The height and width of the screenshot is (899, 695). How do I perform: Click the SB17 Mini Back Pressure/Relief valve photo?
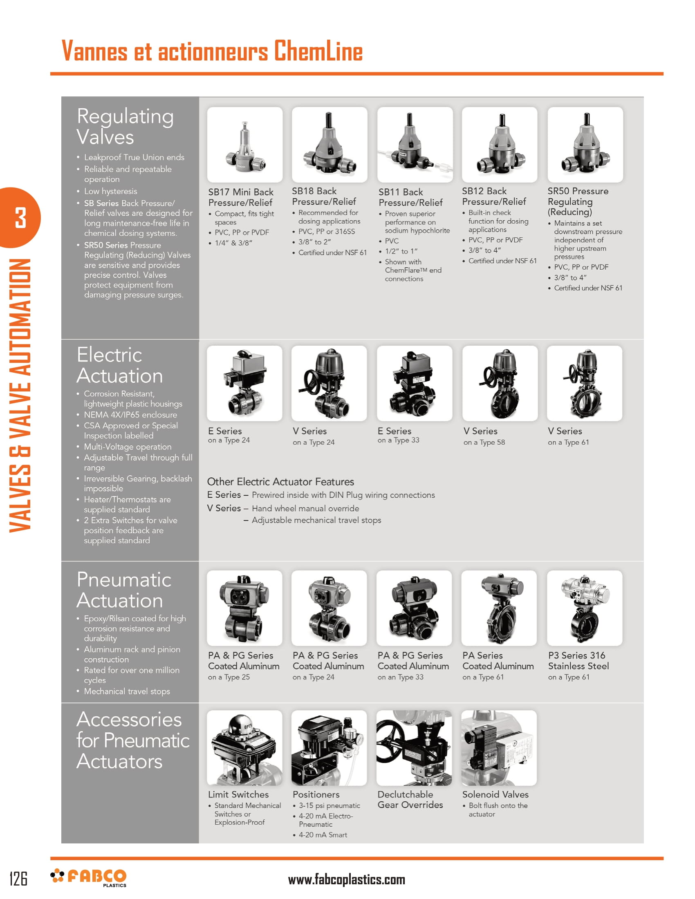point(244,145)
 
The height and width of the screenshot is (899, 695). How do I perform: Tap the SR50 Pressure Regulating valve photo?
point(585,145)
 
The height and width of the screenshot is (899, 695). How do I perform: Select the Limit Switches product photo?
point(244,747)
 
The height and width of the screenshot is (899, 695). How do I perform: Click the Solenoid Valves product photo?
point(499,747)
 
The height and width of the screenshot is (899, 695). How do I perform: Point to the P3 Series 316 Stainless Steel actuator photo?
point(584,608)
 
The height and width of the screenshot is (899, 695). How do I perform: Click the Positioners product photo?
point(329,747)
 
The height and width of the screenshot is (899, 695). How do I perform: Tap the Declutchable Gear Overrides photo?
point(414,747)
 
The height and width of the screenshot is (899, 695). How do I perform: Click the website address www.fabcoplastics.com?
point(346,880)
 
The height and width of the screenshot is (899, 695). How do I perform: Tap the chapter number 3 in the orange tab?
point(20,217)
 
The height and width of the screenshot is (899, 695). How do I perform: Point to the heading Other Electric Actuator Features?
point(280,482)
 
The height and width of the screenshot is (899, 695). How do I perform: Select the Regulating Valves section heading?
point(125,126)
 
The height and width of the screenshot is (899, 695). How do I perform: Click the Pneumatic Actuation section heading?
point(123,590)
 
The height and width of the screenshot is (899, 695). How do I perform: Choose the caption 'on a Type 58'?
point(484,443)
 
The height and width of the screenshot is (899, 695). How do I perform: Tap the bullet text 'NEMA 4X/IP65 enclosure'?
point(130,415)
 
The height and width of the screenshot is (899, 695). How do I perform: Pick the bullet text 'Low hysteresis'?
point(110,191)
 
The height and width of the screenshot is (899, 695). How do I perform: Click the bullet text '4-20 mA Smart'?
point(323,835)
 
